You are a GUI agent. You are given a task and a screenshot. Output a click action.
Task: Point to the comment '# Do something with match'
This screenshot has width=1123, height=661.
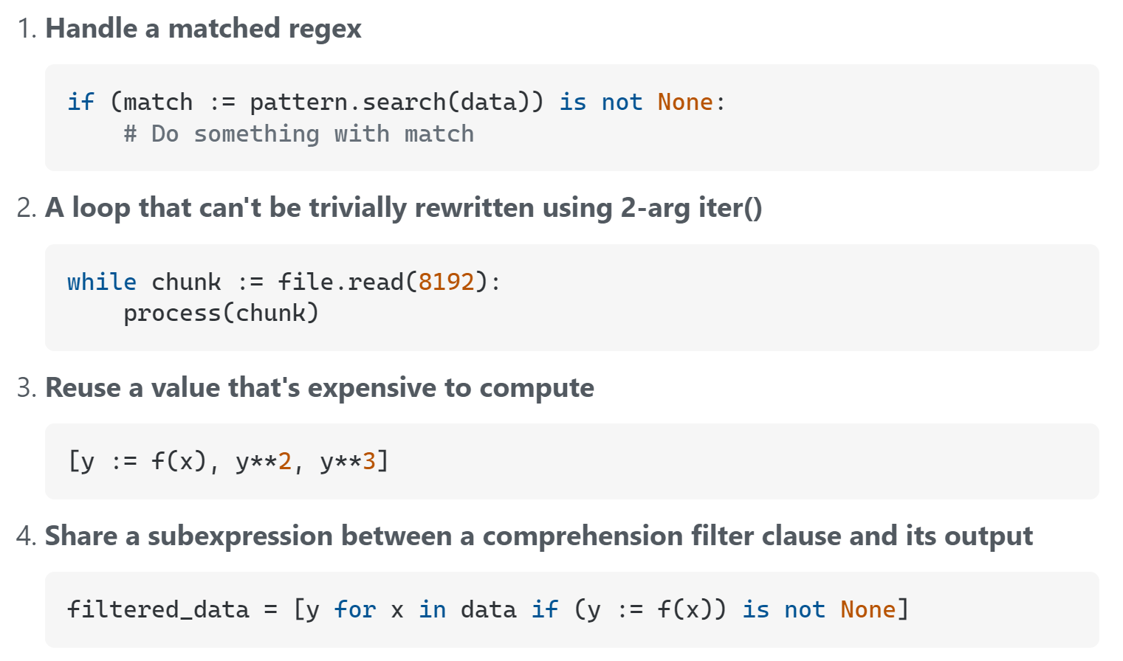click(298, 134)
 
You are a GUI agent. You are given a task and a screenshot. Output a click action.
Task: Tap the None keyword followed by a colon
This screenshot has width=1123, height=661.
click(685, 102)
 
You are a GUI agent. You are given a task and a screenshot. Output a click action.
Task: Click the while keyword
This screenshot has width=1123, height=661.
click(102, 282)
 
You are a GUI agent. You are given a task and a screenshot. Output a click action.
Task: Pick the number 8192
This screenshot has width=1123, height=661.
click(446, 282)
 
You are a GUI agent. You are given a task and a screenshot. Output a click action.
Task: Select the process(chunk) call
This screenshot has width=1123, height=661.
click(221, 314)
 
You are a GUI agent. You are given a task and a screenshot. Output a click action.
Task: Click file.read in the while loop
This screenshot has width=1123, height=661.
click(340, 282)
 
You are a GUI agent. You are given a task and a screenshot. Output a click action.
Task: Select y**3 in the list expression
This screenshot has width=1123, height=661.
click(348, 462)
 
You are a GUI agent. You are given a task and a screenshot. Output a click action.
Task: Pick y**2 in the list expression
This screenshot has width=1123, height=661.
click(264, 462)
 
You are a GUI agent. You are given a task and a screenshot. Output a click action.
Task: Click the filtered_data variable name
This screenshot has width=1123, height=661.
click(158, 609)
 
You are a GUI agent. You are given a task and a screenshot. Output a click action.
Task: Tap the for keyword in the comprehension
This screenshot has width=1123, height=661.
click(354, 609)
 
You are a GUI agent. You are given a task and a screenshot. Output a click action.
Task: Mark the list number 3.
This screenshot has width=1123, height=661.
click(25, 388)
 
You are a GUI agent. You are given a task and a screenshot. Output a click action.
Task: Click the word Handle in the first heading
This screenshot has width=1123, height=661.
click(92, 30)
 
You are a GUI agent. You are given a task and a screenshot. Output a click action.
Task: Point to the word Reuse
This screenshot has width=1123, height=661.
click(83, 388)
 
